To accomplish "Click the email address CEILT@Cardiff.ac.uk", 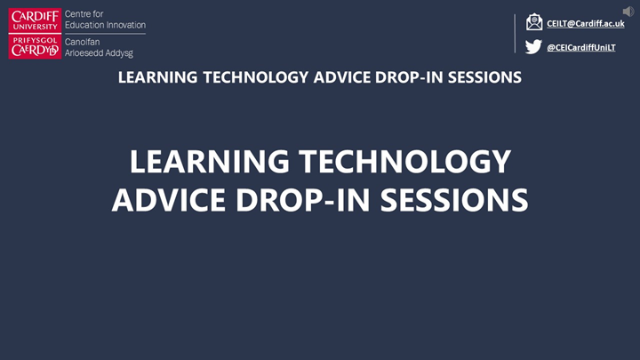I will pyautogui.click(x=585, y=23).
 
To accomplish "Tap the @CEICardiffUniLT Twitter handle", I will pyautogui.click(x=580, y=47).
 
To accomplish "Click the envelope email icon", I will pyautogui.click(x=533, y=22).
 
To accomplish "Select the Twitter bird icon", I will pyautogui.click(x=533, y=47).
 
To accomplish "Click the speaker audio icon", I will pyautogui.click(x=628, y=11).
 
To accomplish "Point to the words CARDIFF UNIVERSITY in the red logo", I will pyautogui.click(x=35, y=20).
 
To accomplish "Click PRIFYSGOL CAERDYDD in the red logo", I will pyautogui.click(x=35, y=46).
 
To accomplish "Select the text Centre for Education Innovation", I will pyautogui.click(x=104, y=20).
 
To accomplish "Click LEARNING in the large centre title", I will pyautogui.click(x=209, y=162).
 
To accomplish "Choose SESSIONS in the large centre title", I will pyautogui.click(x=454, y=199).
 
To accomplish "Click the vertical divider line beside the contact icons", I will pyautogui.click(x=515, y=34).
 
